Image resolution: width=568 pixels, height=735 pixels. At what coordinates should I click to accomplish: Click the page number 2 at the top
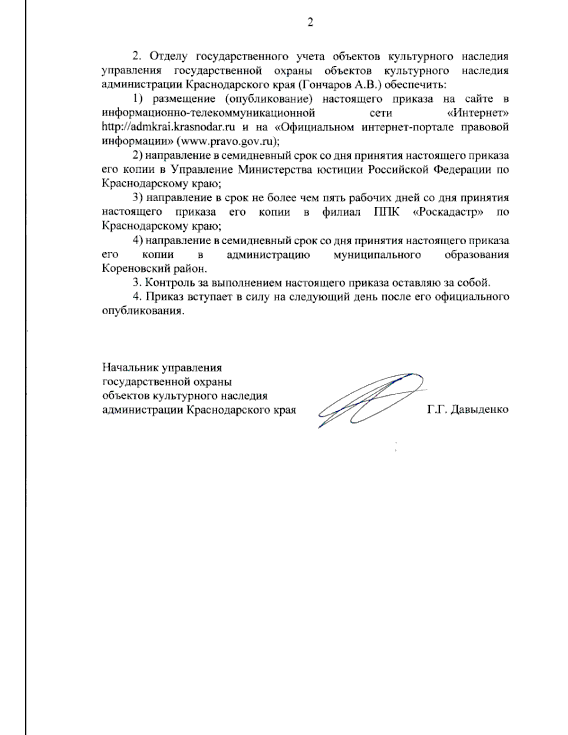[x=310, y=22]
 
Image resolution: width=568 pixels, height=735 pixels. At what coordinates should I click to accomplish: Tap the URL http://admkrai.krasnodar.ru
[x=169, y=127]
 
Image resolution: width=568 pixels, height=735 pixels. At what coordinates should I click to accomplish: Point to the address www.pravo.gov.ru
[x=226, y=142]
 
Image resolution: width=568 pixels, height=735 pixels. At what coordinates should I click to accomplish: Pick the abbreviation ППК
[x=386, y=212]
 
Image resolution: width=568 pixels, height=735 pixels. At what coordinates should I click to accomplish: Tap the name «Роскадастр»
[x=448, y=212]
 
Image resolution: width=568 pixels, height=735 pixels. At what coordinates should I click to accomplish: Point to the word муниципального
[x=377, y=255]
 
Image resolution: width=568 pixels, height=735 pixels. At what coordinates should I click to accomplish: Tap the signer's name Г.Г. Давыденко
[x=468, y=409]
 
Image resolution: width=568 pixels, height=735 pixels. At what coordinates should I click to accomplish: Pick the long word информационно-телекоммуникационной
[x=208, y=113]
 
